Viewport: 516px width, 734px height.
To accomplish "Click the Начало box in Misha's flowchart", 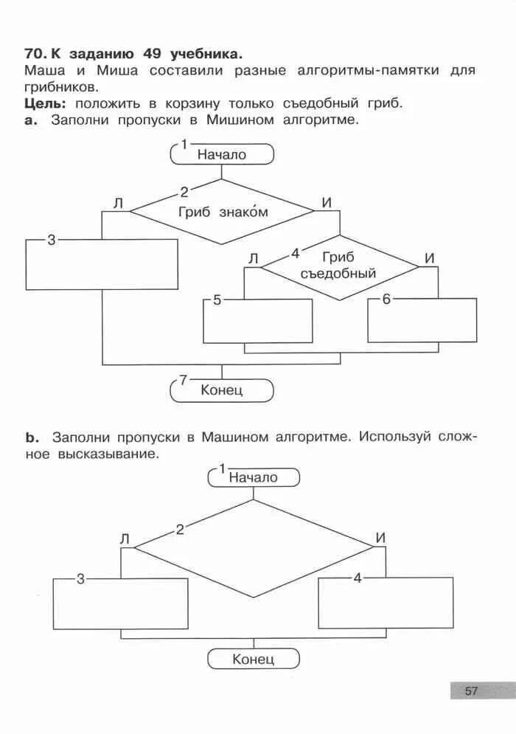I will pyautogui.click(x=222, y=154).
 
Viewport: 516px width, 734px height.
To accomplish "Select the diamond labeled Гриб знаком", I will pyautogui.click(x=222, y=212).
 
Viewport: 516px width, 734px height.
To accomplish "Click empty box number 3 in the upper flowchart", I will pyautogui.click(x=102, y=264).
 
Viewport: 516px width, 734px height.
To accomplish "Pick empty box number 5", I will pyautogui.click(x=258, y=321).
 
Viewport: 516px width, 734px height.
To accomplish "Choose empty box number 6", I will pyautogui.click(x=422, y=320).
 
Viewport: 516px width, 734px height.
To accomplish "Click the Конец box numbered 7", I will pyautogui.click(x=222, y=389).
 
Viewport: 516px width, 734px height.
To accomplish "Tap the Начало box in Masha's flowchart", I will pyautogui.click(x=254, y=477).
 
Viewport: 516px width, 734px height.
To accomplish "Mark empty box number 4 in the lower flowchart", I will pyautogui.click(x=386, y=602).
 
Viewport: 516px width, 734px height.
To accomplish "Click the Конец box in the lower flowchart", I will pyautogui.click(x=254, y=659).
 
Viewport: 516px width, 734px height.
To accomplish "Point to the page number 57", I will pyautogui.click(x=472, y=691).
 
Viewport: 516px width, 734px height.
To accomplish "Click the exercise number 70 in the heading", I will pyautogui.click(x=35, y=54).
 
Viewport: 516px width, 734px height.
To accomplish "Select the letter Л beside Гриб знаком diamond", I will pyautogui.click(x=118, y=204).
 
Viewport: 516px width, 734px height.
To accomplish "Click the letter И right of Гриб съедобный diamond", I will pyautogui.click(x=430, y=259).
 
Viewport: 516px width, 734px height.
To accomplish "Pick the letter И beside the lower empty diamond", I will pyautogui.click(x=380, y=538).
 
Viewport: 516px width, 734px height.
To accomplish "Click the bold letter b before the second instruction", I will pyautogui.click(x=32, y=437).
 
